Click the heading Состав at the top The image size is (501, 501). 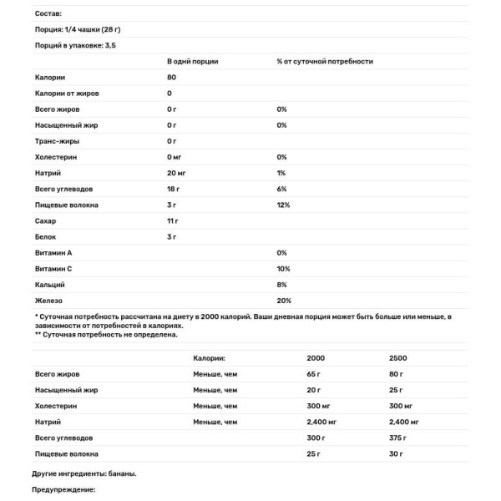click(x=48, y=14)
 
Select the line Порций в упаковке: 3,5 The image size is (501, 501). click(x=74, y=45)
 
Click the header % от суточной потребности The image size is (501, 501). click(x=324, y=62)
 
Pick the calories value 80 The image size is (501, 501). click(x=172, y=78)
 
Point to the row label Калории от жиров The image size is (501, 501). click(x=68, y=94)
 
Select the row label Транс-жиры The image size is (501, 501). click(x=57, y=141)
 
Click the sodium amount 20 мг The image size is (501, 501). click(x=176, y=173)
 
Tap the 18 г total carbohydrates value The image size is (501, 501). click(x=174, y=189)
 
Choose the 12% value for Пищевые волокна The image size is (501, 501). click(x=283, y=205)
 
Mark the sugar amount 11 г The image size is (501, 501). click(x=173, y=220)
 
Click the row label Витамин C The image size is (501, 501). click(x=54, y=268)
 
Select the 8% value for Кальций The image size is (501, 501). click(x=281, y=284)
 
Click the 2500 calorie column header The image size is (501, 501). click(x=397, y=358)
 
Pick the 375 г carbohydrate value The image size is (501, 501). click(x=397, y=438)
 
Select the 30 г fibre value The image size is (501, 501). click(x=396, y=453)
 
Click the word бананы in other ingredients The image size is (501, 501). click(x=122, y=473)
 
